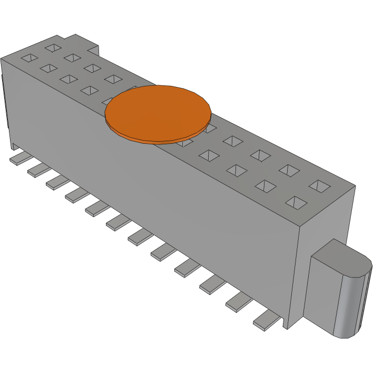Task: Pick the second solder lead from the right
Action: point(240,302)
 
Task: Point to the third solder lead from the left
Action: point(57,182)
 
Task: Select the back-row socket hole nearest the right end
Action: point(319,185)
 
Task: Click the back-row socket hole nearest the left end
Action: point(53,48)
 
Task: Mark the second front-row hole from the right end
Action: point(266,185)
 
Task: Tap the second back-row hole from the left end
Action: point(72,57)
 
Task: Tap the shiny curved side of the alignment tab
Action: point(352,306)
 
